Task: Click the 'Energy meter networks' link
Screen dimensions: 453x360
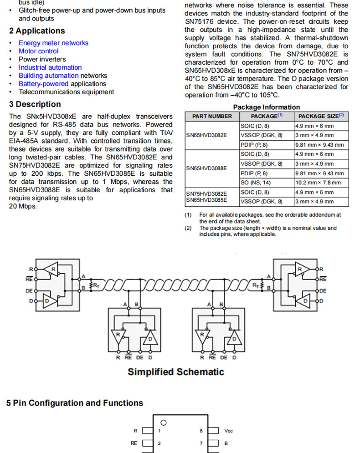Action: pyautogui.click(x=53, y=43)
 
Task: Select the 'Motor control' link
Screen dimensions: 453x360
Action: pyautogui.click(x=38, y=51)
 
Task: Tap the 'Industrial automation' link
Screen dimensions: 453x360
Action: pyautogui.click(x=50, y=67)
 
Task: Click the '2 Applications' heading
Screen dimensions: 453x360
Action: pyautogui.click(x=37, y=31)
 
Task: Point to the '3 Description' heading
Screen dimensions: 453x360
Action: pyautogui.click(x=35, y=104)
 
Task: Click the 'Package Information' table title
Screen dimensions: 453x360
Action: pyautogui.click(x=266, y=107)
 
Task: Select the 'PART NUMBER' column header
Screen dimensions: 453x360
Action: pyautogui.click(x=212, y=116)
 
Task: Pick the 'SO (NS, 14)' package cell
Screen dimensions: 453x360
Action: pyautogui.click(x=256, y=183)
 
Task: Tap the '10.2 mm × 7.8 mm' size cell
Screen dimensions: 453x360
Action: pyautogui.click(x=318, y=183)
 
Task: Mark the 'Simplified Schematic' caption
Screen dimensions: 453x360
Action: pyautogui.click(x=176, y=372)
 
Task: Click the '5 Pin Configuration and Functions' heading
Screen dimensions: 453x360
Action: pyautogui.click(x=75, y=403)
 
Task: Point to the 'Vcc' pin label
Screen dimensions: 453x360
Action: pyautogui.click(x=228, y=431)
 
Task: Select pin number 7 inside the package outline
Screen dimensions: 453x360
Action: pyautogui.click(x=201, y=443)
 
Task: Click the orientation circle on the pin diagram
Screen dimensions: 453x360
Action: pyautogui.click(x=163, y=422)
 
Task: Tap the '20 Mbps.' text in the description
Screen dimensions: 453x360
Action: pyautogui.click(x=23, y=206)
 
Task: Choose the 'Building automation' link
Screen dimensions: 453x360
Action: pyautogui.click(x=48, y=76)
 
